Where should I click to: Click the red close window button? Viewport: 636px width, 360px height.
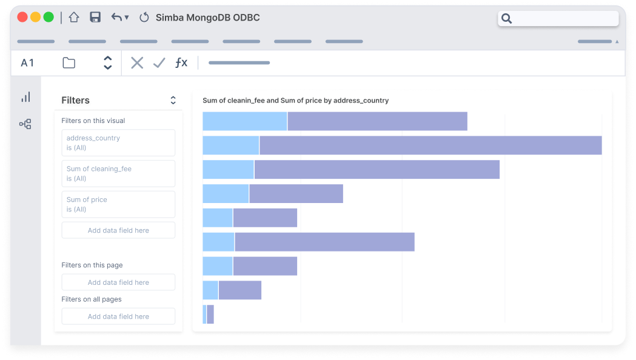(x=22, y=18)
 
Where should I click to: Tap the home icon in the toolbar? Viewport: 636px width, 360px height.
(x=74, y=18)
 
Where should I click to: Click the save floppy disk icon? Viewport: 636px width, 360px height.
(x=95, y=18)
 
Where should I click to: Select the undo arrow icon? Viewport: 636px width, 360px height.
(x=116, y=18)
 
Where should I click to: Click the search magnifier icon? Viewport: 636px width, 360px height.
(x=507, y=19)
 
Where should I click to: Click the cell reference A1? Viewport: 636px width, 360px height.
(x=27, y=63)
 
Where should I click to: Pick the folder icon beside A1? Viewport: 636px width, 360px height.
(x=69, y=63)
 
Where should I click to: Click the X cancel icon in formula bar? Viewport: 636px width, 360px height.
(x=137, y=63)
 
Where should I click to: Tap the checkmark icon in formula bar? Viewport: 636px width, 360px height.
(x=159, y=63)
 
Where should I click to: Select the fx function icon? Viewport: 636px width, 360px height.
(x=181, y=63)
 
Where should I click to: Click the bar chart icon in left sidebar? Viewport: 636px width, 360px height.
(x=25, y=97)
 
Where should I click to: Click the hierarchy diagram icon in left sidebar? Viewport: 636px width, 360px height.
(x=25, y=124)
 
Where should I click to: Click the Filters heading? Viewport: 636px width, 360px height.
(x=76, y=101)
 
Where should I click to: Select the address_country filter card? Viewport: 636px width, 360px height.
(x=118, y=143)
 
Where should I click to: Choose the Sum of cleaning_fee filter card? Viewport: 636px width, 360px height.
(x=118, y=174)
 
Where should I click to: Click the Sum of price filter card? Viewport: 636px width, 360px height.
(x=118, y=204)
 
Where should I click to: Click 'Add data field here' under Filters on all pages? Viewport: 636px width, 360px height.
(x=118, y=316)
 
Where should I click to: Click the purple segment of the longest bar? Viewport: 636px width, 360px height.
(x=430, y=145)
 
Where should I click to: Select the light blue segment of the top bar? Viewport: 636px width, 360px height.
(x=245, y=121)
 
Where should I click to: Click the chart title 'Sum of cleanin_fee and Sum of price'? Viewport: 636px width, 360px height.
(x=295, y=101)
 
